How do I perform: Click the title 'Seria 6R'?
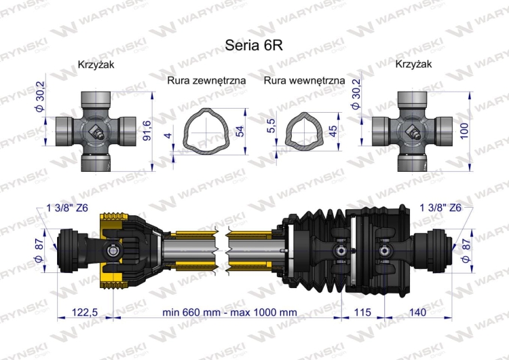pos(254,44)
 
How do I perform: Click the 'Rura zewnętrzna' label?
pos(206,79)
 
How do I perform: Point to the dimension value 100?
pos(464,128)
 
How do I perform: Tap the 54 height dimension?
pos(239,130)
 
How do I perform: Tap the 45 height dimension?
pos(333,130)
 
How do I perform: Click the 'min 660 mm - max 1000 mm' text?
pos(230,312)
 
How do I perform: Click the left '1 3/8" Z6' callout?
pos(67,208)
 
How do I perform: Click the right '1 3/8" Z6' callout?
pos(441,208)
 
